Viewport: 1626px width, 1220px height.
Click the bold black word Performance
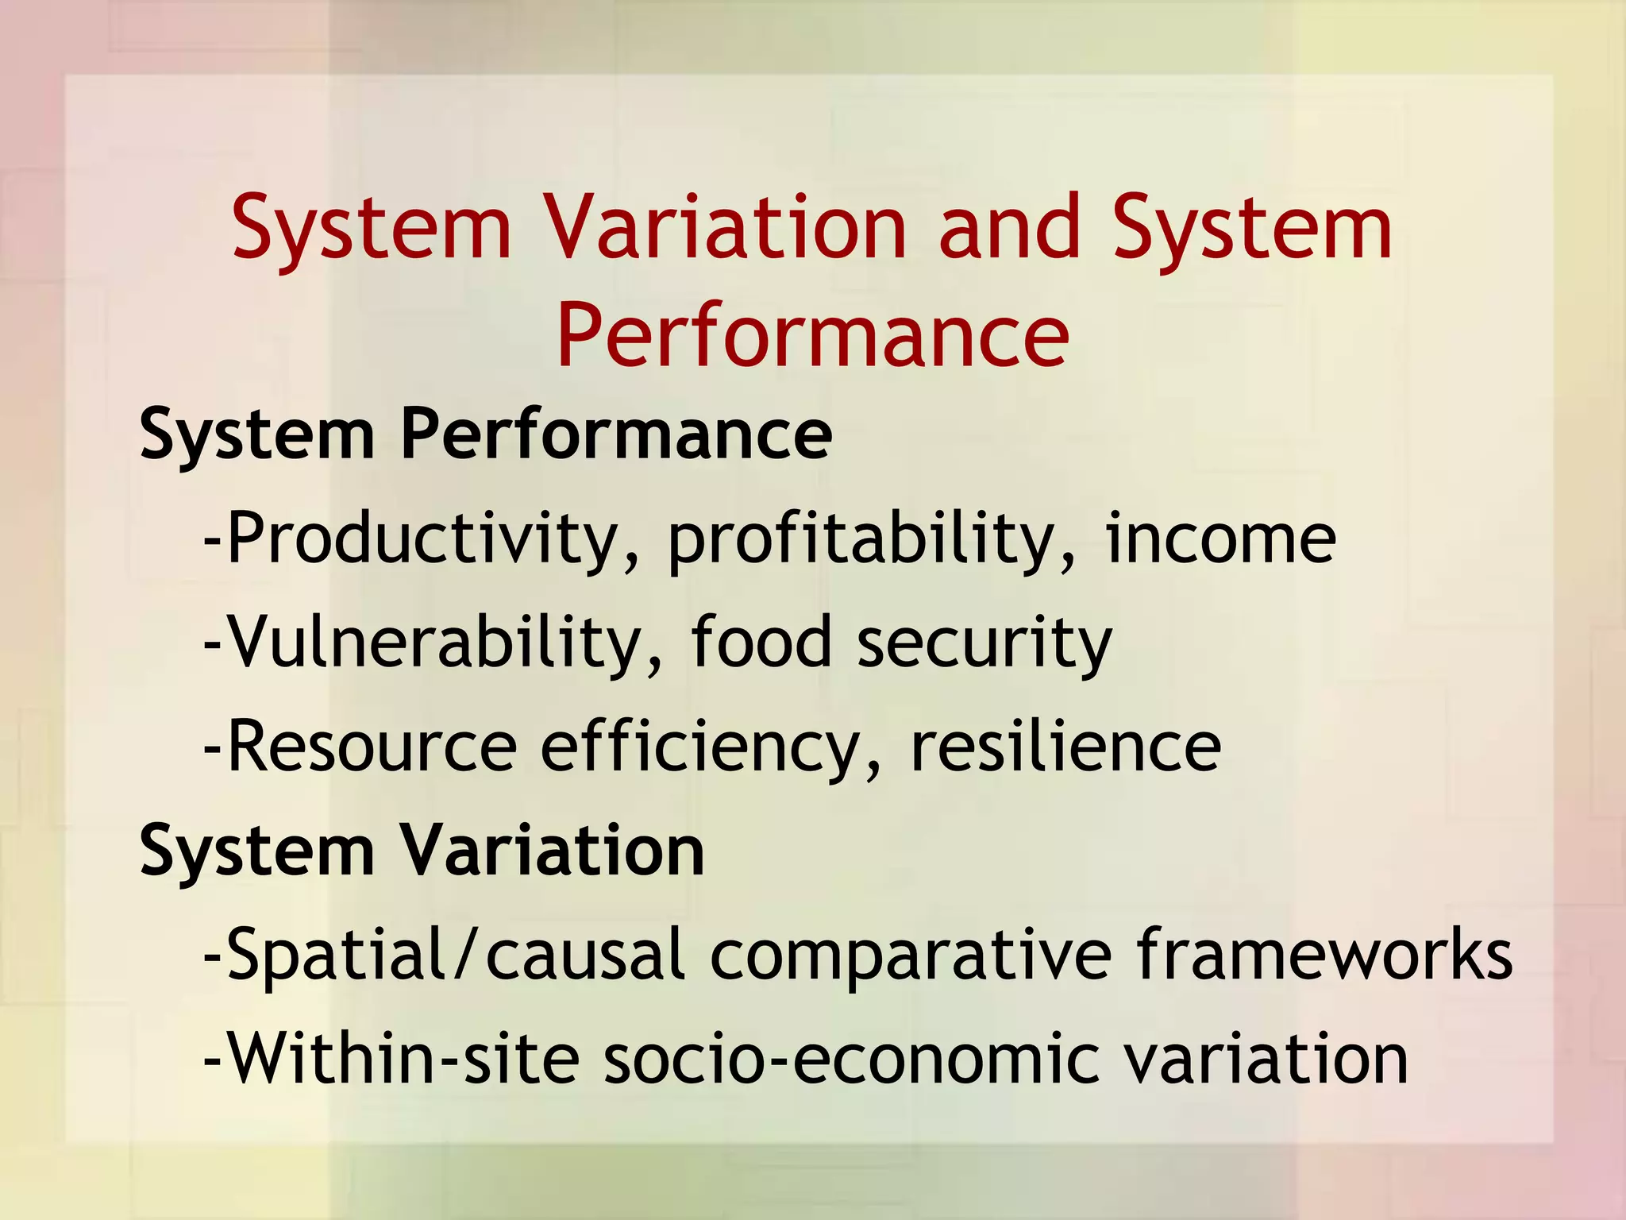[x=616, y=435]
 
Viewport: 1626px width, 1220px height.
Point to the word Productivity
[x=421, y=540]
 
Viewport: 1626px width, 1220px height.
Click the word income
[x=1220, y=540]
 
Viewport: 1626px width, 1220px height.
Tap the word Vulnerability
[x=433, y=643]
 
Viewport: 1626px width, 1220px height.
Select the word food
[x=761, y=643]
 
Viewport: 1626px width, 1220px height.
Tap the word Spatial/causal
[x=456, y=956]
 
